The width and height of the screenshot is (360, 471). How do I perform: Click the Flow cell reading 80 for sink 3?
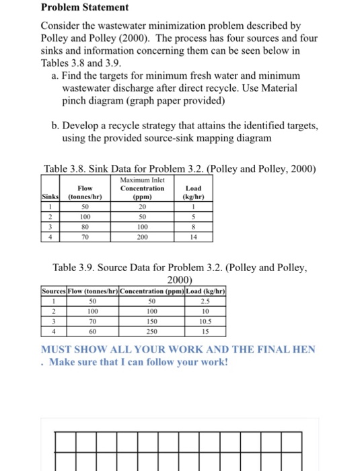pos(85,227)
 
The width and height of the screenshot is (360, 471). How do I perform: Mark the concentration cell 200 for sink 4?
pos(141,237)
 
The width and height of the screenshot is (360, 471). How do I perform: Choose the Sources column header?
pos(56,291)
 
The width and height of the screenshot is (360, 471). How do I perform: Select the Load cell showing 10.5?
pos(207,321)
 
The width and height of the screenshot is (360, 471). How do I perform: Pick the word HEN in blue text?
pos(303,349)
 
